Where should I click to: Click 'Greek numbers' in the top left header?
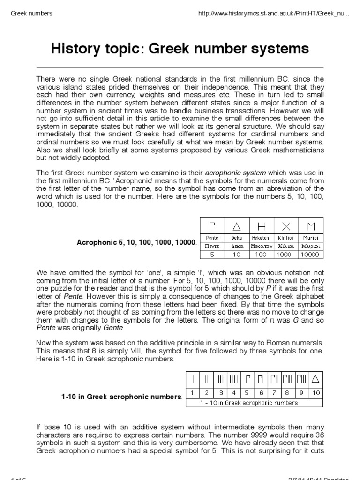pos(31,13)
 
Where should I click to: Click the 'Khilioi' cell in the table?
pos(286,238)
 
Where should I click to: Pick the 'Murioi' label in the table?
pos(310,238)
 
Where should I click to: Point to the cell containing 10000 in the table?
pos(310,255)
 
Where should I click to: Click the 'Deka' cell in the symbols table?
pos(237,238)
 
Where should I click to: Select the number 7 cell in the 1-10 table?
pos(275,391)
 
